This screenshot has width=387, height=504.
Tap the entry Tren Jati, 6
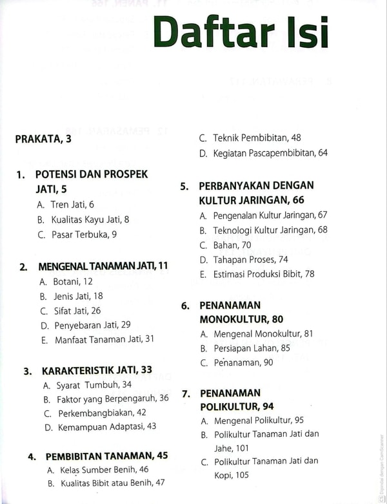72,204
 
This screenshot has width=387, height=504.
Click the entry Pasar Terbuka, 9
84,235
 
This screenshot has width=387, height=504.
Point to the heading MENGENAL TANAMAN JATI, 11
103,266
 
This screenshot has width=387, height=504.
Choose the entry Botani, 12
72,281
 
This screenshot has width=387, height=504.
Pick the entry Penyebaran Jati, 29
91,324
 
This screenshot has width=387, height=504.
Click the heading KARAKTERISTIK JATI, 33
97,370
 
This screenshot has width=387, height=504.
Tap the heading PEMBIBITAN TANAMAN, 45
106,456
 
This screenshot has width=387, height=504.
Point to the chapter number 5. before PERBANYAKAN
184,186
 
